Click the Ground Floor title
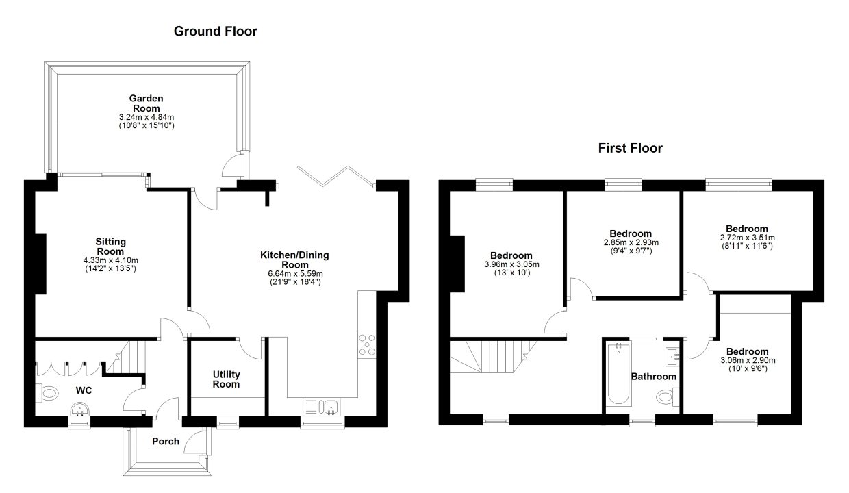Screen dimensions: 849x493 click(215, 31)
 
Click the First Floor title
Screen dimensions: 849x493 click(631, 148)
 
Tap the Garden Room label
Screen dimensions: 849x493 click(147, 103)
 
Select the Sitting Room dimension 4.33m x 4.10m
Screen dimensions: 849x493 click(111, 260)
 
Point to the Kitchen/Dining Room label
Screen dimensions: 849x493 click(294, 260)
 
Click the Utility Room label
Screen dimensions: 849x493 click(226, 379)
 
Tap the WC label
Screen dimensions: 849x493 click(84, 390)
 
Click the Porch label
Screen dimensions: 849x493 click(166, 442)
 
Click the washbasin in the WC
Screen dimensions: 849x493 click(79, 410)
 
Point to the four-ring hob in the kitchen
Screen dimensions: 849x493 click(367, 345)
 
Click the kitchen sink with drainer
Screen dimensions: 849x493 click(322, 407)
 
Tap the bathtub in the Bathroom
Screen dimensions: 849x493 click(618, 375)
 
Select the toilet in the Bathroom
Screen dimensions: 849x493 click(668, 396)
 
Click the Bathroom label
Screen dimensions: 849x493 click(654, 377)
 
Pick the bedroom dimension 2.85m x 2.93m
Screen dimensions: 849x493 click(631, 242)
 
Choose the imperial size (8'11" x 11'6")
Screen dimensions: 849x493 click(747, 246)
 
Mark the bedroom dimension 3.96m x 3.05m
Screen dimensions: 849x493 click(511, 264)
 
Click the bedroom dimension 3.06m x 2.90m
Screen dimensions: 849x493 click(748, 360)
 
